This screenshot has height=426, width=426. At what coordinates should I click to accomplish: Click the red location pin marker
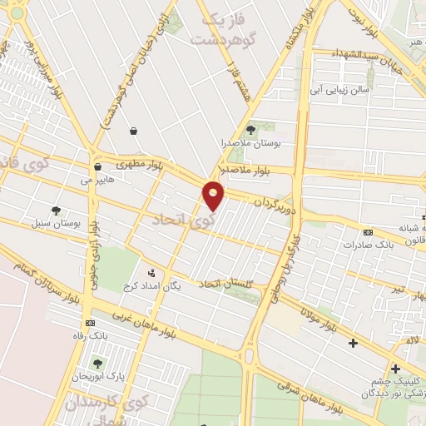[214, 196]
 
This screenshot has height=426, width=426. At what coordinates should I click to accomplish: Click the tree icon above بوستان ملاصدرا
[251, 129]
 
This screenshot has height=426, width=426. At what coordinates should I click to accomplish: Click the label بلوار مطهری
[143, 164]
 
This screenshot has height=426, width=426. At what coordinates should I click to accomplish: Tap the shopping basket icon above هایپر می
[98, 166]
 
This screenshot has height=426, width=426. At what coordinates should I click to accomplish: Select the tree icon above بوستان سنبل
[56, 211]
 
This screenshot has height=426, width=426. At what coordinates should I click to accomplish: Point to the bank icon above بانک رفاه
[89, 323]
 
